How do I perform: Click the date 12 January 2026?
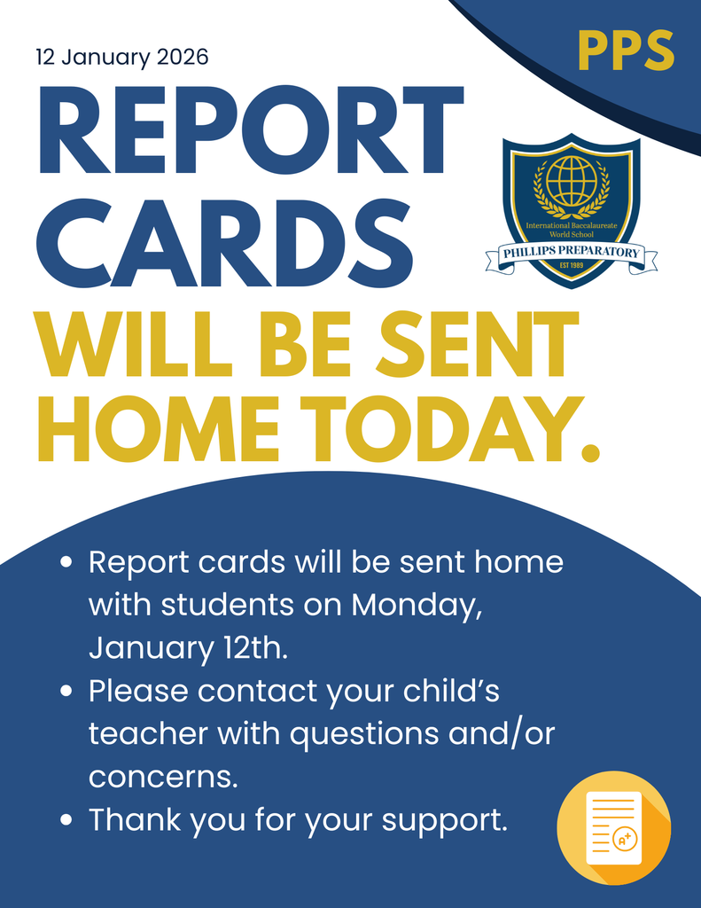tap(122, 59)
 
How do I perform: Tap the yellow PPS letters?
tap(626, 51)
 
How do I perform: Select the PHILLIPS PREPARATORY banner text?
tap(572, 253)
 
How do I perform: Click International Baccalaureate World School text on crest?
tap(571, 231)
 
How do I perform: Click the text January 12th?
tap(188, 648)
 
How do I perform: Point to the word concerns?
tap(163, 778)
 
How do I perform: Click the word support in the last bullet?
tap(444, 820)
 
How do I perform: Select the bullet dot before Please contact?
tap(66, 692)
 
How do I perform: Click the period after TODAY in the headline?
tap(588, 451)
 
